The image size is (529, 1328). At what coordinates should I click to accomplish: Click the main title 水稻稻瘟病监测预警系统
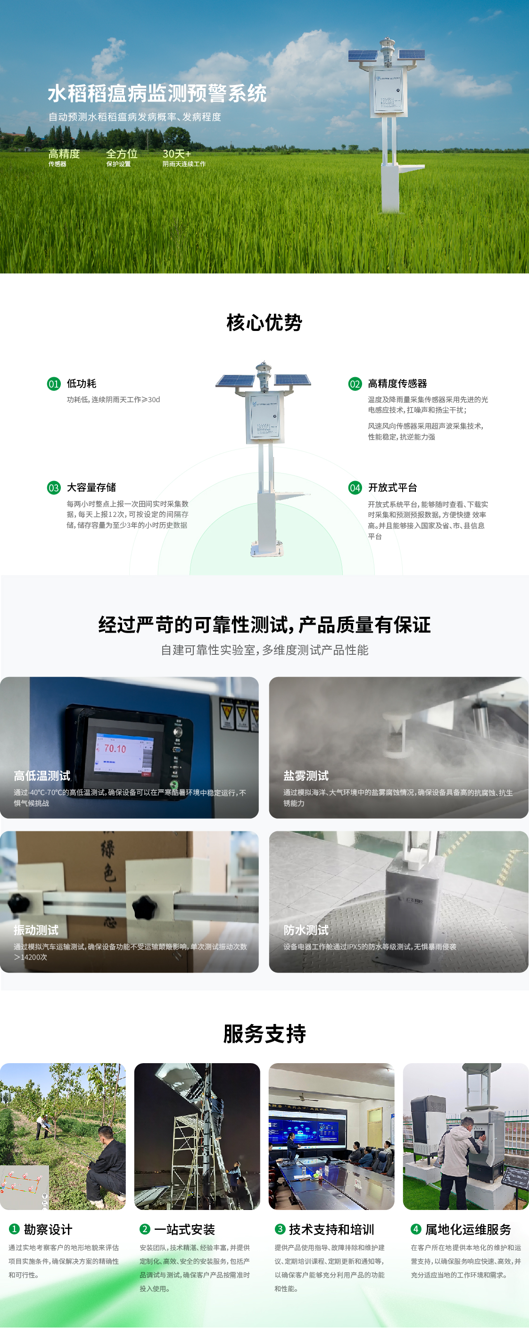(157, 93)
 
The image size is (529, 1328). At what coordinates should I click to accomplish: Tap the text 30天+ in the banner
(177, 153)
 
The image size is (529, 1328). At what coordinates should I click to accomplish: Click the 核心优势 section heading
(264, 323)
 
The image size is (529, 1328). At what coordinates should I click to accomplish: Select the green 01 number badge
(54, 384)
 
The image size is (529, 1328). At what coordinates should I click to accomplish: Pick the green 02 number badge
(355, 384)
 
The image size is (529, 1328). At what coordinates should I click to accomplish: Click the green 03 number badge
(54, 488)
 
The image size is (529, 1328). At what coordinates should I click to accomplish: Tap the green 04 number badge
(355, 488)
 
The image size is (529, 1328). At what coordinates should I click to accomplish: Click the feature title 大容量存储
(91, 487)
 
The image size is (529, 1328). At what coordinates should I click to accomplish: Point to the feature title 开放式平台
(392, 487)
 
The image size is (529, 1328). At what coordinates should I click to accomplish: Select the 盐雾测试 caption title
(306, 776)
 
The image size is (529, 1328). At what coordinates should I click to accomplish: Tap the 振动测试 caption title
(36, 930)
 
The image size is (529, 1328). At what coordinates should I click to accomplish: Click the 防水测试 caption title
(306, 930)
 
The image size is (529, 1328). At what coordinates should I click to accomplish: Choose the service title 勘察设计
(48, 1229)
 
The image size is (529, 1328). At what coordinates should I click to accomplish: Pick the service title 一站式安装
(184, 1229)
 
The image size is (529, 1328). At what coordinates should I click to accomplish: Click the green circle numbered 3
(280, 1229)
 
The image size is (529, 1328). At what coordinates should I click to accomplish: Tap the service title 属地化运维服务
(468, 1229)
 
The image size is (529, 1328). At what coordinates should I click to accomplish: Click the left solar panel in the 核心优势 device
(235, 381)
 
